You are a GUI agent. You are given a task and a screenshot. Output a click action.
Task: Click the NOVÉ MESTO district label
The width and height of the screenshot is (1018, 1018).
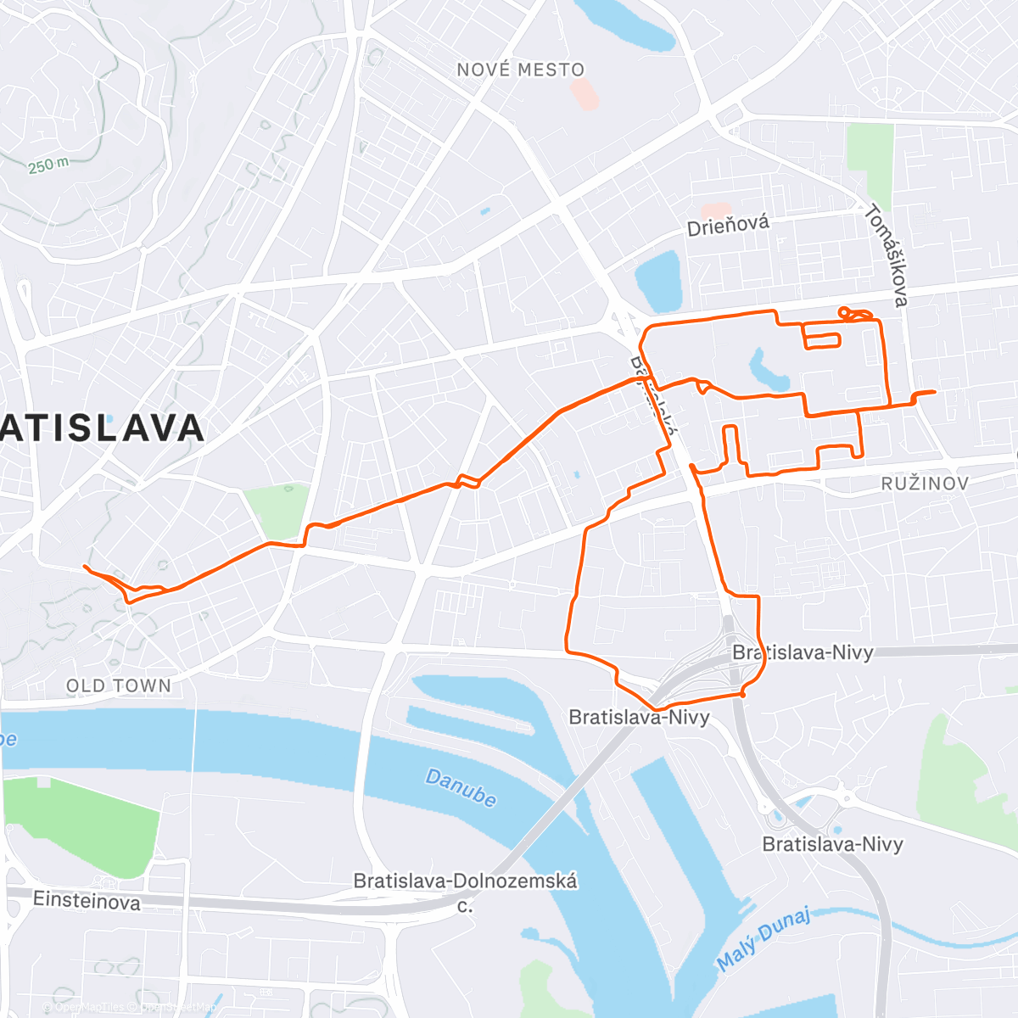click(521, 70)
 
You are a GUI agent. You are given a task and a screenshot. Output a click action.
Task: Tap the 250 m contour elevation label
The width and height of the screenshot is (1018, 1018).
click(48, 165)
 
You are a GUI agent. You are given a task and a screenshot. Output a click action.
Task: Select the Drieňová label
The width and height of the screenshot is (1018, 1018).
click(729, 225)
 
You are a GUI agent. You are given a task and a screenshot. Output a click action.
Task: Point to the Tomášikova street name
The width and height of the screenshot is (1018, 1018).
click(887, 255)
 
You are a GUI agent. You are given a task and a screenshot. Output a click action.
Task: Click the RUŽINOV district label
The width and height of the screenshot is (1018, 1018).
click(925, 484)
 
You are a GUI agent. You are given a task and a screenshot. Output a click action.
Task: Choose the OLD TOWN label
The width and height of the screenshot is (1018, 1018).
click(119, 685)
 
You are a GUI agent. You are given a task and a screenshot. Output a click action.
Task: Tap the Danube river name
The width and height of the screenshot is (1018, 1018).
click(461, 788)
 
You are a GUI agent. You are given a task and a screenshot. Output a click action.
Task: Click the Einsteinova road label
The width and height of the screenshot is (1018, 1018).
click(87, 900)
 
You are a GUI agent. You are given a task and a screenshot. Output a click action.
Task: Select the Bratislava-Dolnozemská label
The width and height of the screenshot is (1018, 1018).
click(465, 881)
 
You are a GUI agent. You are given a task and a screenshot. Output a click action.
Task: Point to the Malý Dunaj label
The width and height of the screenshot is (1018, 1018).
click(763, 939)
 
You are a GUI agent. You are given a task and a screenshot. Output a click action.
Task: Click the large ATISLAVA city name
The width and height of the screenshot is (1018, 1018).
click(102, 428)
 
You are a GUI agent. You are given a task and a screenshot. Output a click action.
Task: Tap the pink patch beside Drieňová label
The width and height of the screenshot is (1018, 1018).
click(716, 210)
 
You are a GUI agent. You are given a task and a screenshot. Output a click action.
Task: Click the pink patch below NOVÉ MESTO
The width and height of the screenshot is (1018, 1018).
click(585, 93)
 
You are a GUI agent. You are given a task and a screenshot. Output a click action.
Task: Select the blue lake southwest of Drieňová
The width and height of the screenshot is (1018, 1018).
click(658, 281)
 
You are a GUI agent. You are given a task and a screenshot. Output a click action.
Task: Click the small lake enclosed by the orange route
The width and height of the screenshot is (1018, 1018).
click(769, 370)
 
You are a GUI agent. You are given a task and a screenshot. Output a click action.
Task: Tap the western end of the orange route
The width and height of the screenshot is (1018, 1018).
click(85, 566)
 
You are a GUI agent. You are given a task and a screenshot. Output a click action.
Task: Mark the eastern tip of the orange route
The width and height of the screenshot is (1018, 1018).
click(935, 392)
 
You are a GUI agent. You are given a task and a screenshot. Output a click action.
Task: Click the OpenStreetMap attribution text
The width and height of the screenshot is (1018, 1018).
click(177, 1008)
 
